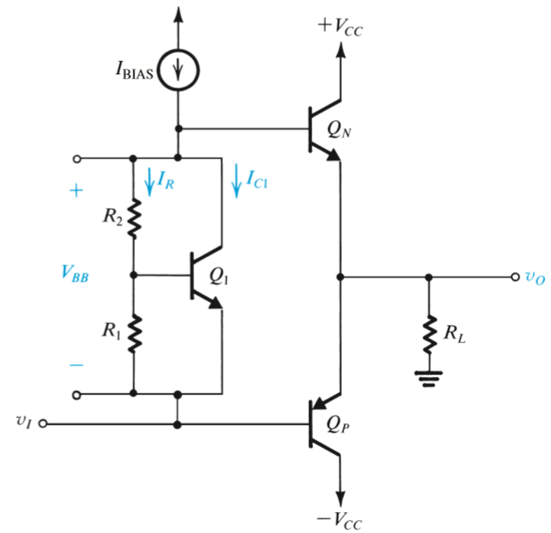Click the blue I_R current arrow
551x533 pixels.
(149, 181)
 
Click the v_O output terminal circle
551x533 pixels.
(515, 276)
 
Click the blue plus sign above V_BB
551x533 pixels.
(77, 192)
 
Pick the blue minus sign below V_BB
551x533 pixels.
(76, 364)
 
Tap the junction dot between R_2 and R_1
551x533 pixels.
(134, 276)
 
